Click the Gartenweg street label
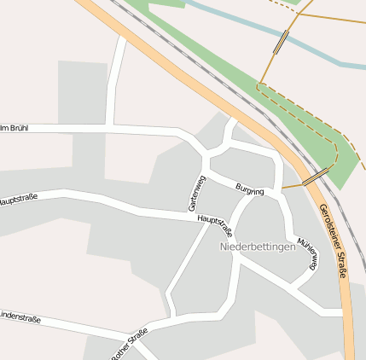197,193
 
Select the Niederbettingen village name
257,247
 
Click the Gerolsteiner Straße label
333,241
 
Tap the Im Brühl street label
14,128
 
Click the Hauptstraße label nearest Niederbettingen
214,224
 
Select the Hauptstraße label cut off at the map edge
18,200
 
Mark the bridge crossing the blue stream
281,42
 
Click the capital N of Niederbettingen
224,247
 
